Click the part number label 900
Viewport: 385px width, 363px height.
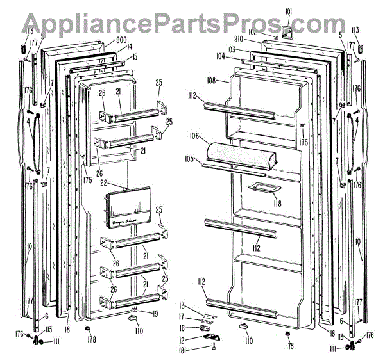pyautogui.click(x=122, y=40)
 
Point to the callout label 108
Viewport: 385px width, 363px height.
pyautogui.click(x=214, y=81)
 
